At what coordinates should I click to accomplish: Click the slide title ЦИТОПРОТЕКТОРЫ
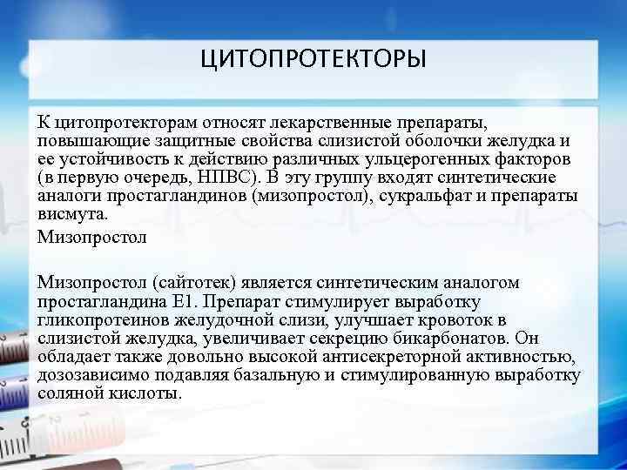coord(313,60)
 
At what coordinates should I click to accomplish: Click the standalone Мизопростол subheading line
coord(92,236)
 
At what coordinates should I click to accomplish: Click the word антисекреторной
coord(367,357)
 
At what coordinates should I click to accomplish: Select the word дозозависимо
coord(88,375)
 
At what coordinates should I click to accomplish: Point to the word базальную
coord(281,375)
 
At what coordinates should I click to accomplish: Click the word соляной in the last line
coord(71,393)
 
